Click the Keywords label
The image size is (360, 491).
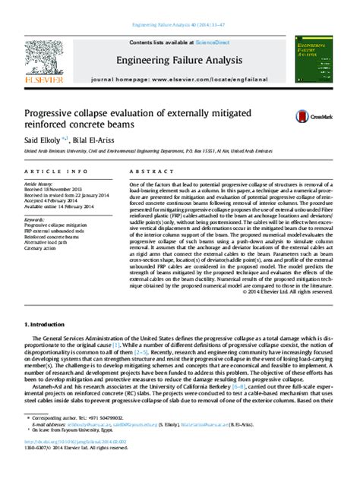(37, 220)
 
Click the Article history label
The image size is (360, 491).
(41, 184)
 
